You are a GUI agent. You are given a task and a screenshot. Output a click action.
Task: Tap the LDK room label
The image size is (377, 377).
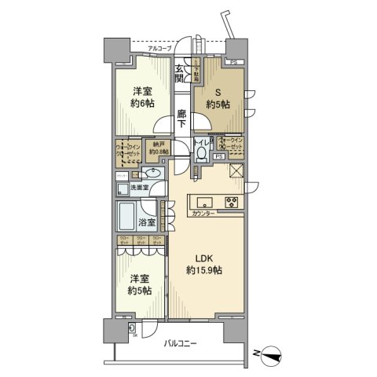(x=199, y=257)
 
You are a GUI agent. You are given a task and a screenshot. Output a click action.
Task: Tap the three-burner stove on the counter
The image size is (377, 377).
(x=233, y=200)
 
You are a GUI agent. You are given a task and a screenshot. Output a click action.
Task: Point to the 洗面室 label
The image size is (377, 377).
(x=140, y=188)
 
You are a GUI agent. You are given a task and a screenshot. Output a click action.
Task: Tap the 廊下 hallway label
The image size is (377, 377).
(x=181, y=119)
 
